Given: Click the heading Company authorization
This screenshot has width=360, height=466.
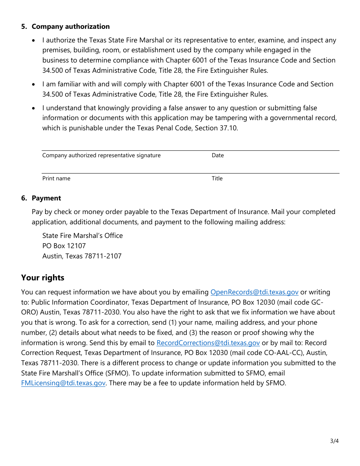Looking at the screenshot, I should pos(70,27).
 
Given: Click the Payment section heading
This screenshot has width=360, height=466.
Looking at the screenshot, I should pos(46,198).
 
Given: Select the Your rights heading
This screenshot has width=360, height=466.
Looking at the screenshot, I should pos(43,278).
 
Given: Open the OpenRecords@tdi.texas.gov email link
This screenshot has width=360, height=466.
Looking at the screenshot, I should pos(254,292).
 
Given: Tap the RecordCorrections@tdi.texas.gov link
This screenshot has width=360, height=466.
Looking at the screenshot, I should pos(208,343).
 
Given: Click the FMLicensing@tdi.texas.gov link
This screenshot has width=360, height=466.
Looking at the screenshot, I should pos(63,383).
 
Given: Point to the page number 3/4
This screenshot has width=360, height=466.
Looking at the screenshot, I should pos(334,441).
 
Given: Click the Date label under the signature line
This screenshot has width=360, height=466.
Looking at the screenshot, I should pos(218,155).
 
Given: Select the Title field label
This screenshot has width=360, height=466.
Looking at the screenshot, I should pos(217,178).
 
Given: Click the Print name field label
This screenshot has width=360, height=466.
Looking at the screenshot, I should pos(56,178).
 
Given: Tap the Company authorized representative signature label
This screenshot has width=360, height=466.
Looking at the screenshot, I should pos(101,155).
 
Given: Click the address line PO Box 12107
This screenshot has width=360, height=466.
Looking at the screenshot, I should pos(64,246).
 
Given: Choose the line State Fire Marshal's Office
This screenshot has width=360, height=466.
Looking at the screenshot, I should pos(82,236).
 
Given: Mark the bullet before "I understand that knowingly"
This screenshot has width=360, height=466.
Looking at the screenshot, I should pos(34,108).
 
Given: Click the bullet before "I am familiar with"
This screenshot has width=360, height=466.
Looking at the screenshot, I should pos(34,84).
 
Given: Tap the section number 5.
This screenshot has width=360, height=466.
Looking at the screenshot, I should pos(24,27).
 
